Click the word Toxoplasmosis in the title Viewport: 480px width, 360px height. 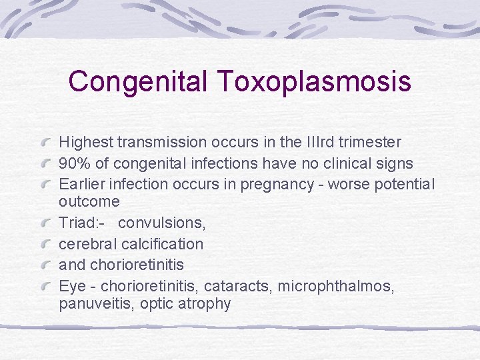[x=313, y=82]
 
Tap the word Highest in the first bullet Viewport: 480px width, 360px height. [x=86, y=142]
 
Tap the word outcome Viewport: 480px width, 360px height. [x=89, y=201]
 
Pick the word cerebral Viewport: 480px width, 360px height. [x=88, y=244]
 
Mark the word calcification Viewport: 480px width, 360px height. [x=162, y=244]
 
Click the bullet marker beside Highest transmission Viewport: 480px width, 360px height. [x=46, y=143]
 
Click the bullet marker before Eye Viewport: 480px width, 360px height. [x=46, y=287]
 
